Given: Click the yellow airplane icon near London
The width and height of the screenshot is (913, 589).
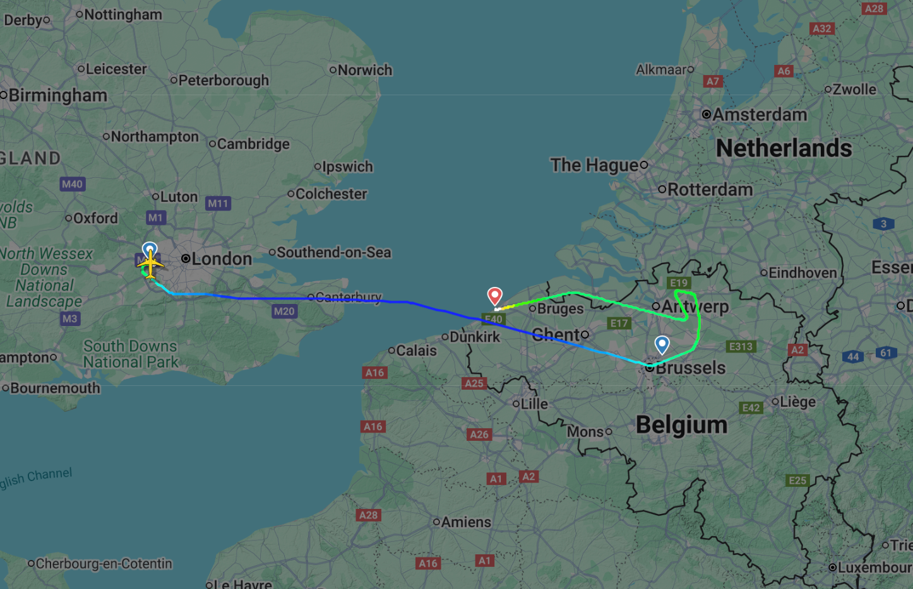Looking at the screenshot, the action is coord(150,264).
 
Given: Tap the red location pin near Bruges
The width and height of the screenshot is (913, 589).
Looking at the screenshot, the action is coord(495,295).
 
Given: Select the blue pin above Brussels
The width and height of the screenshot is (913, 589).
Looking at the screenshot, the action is coord(662,344).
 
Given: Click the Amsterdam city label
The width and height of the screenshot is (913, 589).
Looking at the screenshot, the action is coord(760,115).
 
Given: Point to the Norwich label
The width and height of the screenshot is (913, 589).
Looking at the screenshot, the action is coord(365,70).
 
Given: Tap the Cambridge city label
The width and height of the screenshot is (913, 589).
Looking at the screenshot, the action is coord(253,144).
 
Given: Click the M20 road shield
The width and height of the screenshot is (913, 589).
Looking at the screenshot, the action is coord(284,311).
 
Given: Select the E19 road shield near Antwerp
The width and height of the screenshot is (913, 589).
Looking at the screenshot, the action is coord(679,283).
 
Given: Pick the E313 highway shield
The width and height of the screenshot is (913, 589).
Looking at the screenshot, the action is coord(741,346).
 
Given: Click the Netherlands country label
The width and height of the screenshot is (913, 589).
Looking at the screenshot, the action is coord(784,148).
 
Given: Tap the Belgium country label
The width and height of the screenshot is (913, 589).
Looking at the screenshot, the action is coord(681,424).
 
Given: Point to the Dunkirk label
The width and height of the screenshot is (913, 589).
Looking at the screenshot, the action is coord(474,337).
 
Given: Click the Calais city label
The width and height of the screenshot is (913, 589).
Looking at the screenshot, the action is coord(416,350).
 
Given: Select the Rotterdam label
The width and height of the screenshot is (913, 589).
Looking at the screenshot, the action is coord(710,189).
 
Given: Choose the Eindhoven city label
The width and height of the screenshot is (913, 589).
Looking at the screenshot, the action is coord(802,273).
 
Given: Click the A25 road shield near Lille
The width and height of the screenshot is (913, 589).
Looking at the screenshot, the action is coord(474,383).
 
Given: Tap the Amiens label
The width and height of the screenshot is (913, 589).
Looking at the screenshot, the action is coord(466,522).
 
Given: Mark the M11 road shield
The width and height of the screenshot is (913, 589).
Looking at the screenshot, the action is coord(218,203).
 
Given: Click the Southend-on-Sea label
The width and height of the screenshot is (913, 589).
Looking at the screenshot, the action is coord(333,252).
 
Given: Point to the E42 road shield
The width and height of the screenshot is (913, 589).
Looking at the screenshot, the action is coord(751,407).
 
